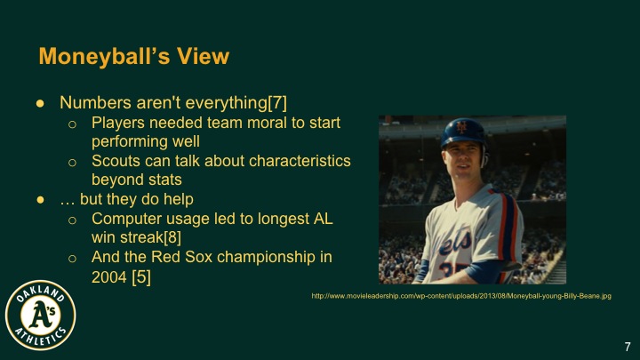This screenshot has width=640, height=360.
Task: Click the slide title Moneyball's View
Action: tap(133, 57)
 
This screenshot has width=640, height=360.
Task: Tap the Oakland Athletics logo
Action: tap(41, 315)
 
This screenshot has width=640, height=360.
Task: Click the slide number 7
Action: tap(626, 345)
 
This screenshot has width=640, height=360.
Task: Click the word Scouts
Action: tap(117, 160)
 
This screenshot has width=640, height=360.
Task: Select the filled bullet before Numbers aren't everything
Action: tap(40, 103)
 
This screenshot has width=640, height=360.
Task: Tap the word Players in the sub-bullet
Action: tap(118, 122)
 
